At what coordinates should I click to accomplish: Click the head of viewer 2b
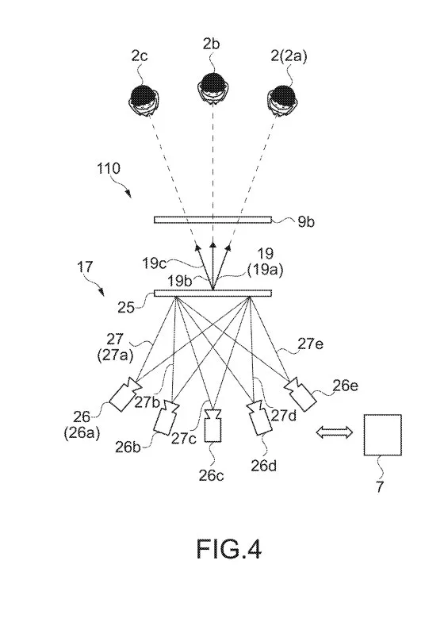213,87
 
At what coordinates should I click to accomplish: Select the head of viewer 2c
144,100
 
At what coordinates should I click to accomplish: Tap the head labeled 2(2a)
282,100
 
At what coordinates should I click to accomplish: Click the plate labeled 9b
213,220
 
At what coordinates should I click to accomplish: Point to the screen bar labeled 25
213,294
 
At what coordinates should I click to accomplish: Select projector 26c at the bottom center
213,426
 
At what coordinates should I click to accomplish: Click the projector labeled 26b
167,417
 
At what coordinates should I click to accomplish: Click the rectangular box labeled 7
382,435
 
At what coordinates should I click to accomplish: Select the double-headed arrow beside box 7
335,432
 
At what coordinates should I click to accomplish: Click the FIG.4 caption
228,549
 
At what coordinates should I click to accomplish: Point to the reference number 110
108,168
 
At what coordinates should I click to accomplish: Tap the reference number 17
84,267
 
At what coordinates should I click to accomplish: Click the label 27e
311,344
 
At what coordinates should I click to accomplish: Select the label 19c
154,263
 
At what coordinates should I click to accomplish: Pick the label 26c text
211,474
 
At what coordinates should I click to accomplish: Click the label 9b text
306,222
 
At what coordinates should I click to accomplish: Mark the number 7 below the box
380,486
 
